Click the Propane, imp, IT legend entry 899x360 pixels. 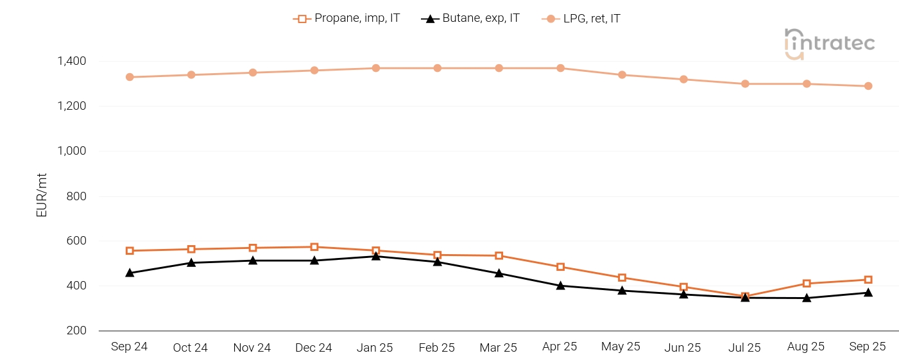tap(347, 19)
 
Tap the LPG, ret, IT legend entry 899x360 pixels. tap(581, 19)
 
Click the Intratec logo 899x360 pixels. tap(830, 44)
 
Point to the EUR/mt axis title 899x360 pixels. tap(42, 196)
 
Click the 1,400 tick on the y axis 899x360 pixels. tap(72, 62)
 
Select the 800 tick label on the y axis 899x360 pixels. tap(76, 196)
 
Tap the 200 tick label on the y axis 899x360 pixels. tap(76, 331)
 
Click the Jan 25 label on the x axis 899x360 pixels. tap(375, 347)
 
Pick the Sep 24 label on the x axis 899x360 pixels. tap(129, 347)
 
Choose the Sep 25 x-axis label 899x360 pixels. tap(868, 347)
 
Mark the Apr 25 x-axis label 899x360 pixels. tap(560, 347)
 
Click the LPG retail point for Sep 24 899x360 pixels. tap(130, 77)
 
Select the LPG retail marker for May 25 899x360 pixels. tap(622, 75)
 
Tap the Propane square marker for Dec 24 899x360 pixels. tap(314, 247)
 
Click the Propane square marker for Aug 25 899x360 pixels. tap(807, 284)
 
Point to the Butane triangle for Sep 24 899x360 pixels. tap(130, 273)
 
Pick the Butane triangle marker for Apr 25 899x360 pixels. tap(560, 286)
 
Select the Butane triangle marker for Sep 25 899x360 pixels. tap(868, 293)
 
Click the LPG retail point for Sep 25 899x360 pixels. tap(868, 86)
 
